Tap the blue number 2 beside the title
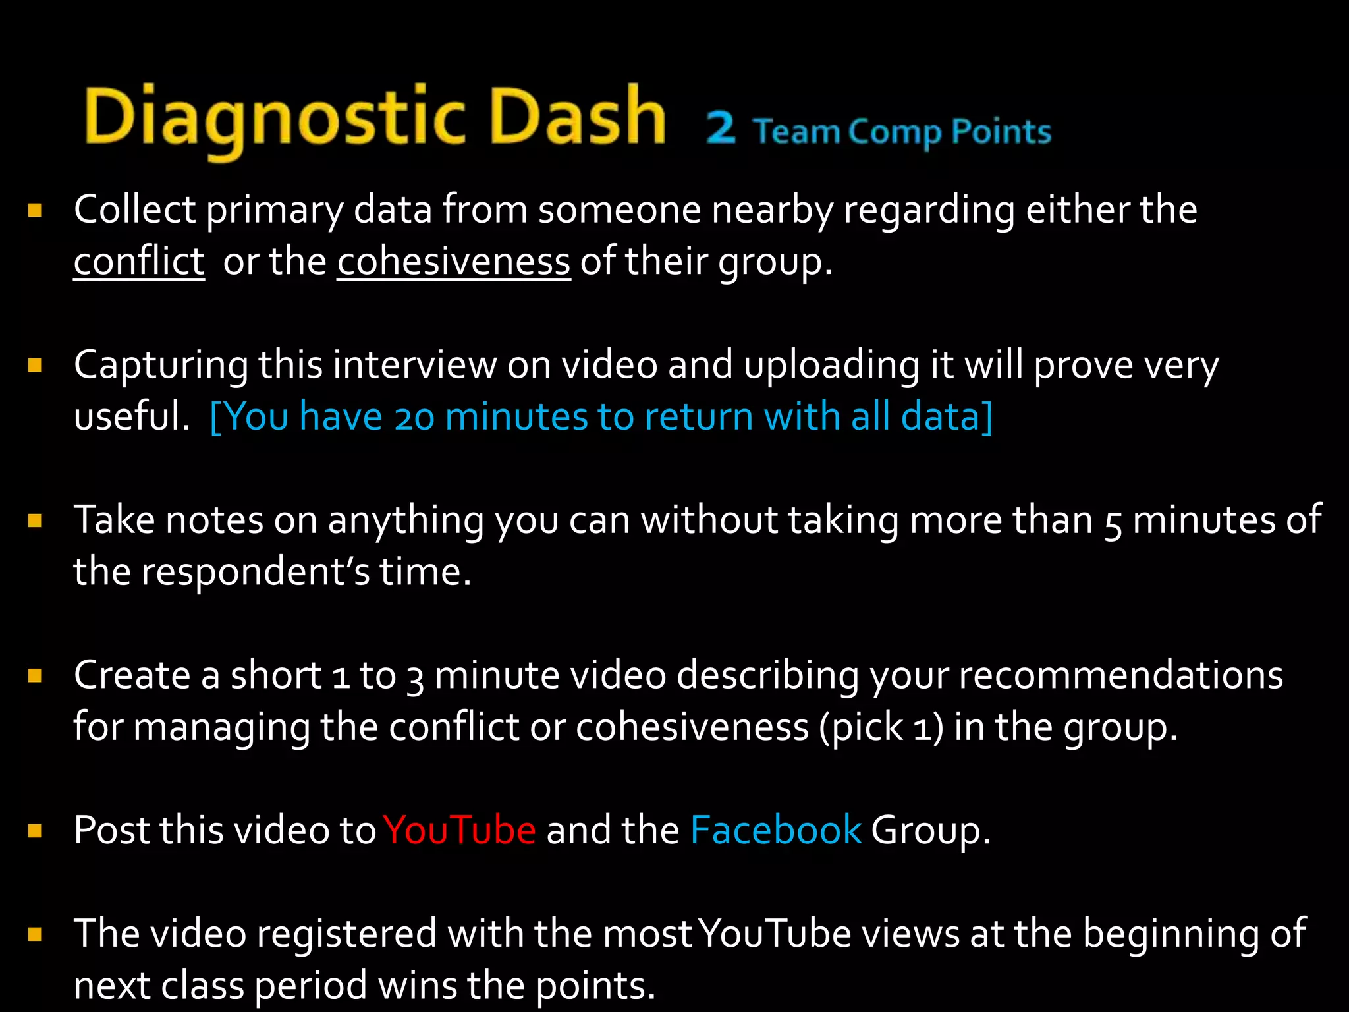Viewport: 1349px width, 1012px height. [x=721, y=128]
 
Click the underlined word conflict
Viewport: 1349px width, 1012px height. [x=139, y=262]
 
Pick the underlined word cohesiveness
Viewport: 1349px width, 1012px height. [x=453, y=262]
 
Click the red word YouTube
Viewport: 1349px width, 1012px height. [x=460, y=829]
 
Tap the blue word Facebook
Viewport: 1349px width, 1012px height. [x=775, y=829]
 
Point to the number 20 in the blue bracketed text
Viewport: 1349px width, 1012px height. [x=414, y=418]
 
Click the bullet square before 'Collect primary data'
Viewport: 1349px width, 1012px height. [x=36, y=210]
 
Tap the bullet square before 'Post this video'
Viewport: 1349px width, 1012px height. [x=36, y=830]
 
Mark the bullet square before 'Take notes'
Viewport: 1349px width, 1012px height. [x=36, y=521]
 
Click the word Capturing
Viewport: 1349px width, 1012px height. [x=161, y=366]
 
